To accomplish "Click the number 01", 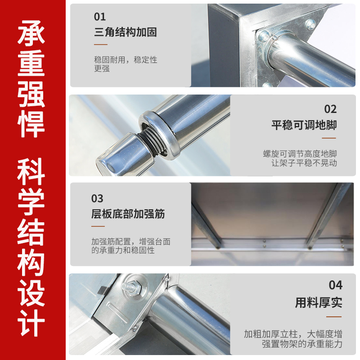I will point(100,17).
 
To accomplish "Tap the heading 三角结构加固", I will point(125,32).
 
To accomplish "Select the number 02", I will point(330,109).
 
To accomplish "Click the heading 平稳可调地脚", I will point(304,125).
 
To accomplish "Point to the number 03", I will point(97,198).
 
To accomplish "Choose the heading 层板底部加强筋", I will point(128,214).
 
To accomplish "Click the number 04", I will point(335,285).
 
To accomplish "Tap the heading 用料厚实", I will point(319,302).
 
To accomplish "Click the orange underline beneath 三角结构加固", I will point(100,45).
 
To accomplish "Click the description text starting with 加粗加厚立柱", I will point(293,339).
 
